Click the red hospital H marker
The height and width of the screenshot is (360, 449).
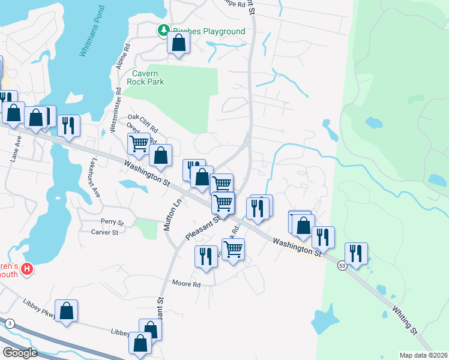[26, 270]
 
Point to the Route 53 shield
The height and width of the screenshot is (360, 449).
[341, 266]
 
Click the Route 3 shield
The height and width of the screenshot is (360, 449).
[9, 324]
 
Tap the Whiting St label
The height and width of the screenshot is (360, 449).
[405, 321]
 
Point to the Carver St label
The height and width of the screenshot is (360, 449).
[104, 232]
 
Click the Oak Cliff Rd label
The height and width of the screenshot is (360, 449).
[143, 121]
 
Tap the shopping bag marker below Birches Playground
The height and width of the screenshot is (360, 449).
[178, 43]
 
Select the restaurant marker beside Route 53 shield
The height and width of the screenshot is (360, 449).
[356, 253]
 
